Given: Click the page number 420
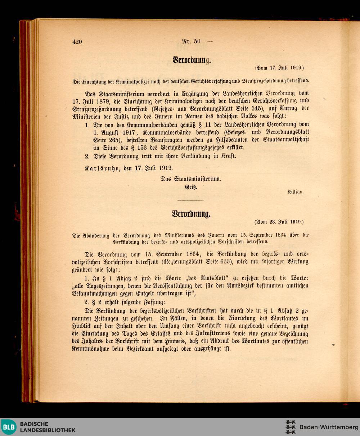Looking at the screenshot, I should (x=77, y=42).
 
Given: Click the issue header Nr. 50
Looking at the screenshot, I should (x=191, y=41).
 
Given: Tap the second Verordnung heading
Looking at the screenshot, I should (x=191, y=214).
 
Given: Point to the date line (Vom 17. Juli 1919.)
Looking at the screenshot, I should (x=279, y=68).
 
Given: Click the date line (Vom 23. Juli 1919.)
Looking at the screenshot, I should (x=279, y=222).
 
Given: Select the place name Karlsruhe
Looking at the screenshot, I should (x=102, y=168).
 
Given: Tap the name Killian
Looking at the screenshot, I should (x=295, y=192).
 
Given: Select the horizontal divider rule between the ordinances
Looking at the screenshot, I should (x=190, y=200).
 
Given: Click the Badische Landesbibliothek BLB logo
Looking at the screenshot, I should (x=8, y=427).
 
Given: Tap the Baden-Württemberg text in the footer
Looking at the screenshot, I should (x=329, y=427).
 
